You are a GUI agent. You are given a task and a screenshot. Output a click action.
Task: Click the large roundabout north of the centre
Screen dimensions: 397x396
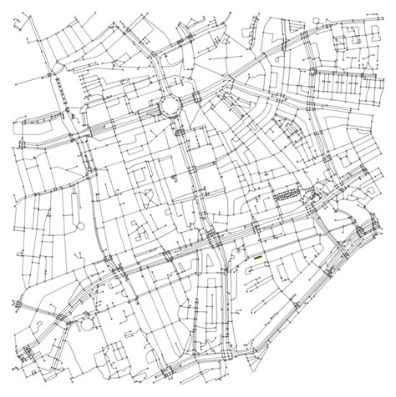point(170,106)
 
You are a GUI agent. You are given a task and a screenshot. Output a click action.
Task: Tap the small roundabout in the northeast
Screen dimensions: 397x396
point(312,73)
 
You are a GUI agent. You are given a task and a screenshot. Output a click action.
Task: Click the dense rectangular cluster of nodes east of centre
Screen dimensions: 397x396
point(289,193)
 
